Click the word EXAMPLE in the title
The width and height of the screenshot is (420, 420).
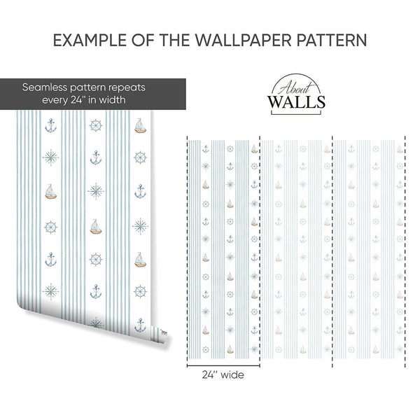point(90,40)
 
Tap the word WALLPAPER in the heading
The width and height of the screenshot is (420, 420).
point(243,40)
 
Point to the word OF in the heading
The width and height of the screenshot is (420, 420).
point(143,40)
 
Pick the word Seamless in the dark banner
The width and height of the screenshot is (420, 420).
point(45,87)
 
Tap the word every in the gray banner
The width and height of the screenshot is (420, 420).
point(55,100)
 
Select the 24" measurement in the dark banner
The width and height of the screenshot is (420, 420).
point(78,99)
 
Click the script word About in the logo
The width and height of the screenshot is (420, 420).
point(295,87)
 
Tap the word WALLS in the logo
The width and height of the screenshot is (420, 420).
point(296,101)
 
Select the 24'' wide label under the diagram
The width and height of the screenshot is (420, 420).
point(223,374)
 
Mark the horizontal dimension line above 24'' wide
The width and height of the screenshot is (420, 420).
point(223,365)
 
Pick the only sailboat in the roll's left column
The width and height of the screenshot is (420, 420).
point(50,192)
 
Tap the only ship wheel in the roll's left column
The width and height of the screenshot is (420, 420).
point(50,227)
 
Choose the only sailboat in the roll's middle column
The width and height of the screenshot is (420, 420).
point(96,227)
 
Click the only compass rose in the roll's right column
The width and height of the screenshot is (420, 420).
point(141,226)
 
